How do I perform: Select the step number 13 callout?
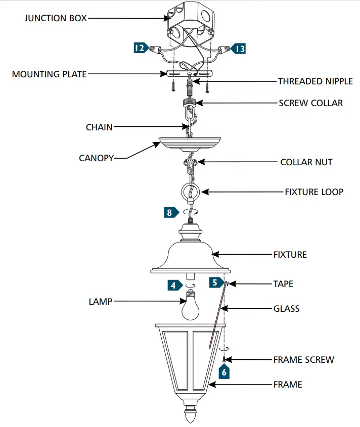239,49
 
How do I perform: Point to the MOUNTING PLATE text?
49,74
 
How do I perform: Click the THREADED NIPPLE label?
316,81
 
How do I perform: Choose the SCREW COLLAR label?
310,103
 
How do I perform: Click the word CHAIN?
99,128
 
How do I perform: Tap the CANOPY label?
96,158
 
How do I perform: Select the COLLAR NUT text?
306,162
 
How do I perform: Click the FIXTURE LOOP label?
314,192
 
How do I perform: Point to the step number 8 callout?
169,212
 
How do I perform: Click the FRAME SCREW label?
303,360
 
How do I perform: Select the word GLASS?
286,308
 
